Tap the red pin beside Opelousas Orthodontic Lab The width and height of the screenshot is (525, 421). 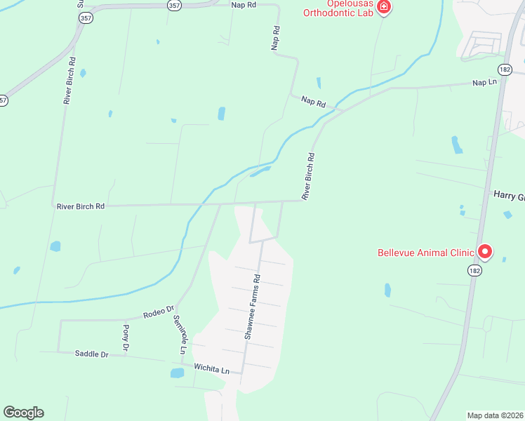(x=383, y=7)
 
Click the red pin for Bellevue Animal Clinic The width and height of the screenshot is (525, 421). (x=484, y=251)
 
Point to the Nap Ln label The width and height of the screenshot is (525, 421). (x=484, y=83)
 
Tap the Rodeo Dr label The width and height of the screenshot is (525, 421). (x=158, y=311)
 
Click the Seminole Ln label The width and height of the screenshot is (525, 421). (x=180, y=333)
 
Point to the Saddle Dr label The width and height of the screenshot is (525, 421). (x=91, y=354)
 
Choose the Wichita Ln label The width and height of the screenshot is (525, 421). (x=212, y=369)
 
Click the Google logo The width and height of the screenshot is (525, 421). (x=23, y=413)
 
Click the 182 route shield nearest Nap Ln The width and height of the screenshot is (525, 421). (x=505, y=69)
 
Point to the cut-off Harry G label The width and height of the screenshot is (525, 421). (x=509, y=194)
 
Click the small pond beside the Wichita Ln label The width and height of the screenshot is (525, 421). (x=177, y=373)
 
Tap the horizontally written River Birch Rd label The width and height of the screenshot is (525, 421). (x=81, y=206)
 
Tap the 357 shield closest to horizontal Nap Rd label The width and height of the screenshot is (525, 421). (x=175, y=4)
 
